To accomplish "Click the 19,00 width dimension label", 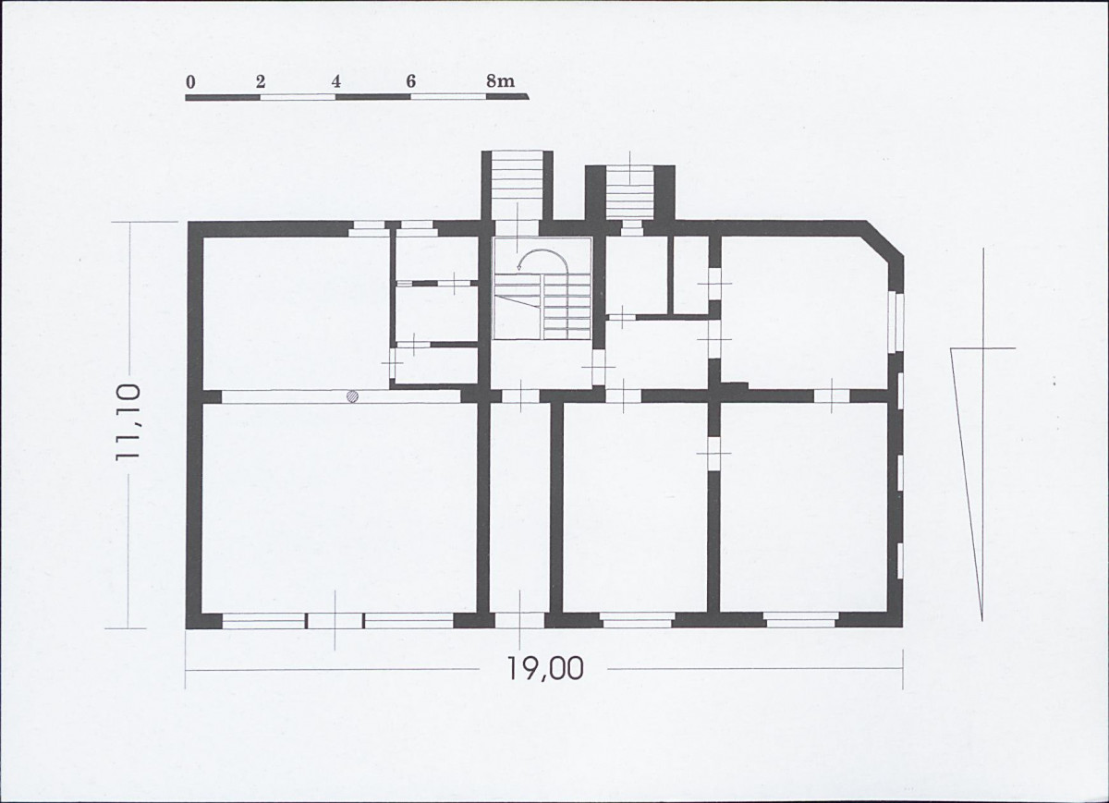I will pos(544,668).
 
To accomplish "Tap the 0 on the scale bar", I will pos(190,81).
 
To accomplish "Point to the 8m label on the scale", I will pos(500,81).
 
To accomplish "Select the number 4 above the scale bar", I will pos(336,81).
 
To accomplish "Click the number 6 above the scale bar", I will pos(410,81).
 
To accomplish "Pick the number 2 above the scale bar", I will pos(261,81).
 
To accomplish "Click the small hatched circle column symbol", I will pos(352,396).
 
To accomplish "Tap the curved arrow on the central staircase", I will pos(542,258).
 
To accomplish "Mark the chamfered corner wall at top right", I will pos(882,242).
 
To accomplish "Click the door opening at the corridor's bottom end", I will pos(519,619).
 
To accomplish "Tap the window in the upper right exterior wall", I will pos(894,321).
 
